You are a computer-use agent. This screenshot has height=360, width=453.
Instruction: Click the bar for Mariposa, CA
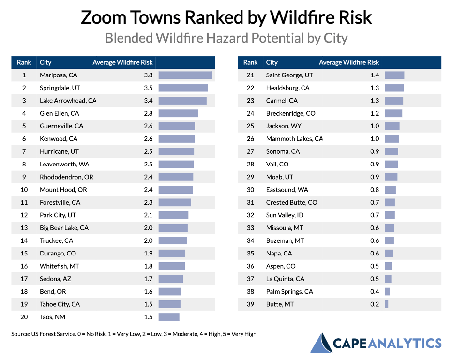(185, 75)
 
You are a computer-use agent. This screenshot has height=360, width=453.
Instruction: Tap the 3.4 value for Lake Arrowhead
(148, 101)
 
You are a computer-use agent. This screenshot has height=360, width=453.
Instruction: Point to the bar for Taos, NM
(169, 317)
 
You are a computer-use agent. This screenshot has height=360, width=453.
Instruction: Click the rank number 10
(24, 190)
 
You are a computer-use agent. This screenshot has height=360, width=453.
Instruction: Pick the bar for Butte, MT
(387, 304)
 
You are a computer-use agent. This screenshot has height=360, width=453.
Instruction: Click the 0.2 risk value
(375, 304)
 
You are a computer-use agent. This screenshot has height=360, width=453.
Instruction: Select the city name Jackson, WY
(283, 126)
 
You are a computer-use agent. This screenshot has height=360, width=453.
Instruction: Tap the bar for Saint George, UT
(394, 75)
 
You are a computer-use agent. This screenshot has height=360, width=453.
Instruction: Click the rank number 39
(250, 304)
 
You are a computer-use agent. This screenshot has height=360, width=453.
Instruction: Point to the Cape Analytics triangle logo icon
(320, 343)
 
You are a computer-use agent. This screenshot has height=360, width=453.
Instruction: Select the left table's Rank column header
(24, 62)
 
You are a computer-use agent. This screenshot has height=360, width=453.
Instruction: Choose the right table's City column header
(272, 62)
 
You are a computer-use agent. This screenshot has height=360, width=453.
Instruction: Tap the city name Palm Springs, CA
(289, 291)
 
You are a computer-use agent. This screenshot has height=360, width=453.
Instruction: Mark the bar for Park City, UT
(173, 215)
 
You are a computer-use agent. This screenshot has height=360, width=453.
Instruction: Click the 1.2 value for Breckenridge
(375, 113)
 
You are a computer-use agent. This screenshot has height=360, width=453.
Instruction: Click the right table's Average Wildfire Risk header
(349, 62)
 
